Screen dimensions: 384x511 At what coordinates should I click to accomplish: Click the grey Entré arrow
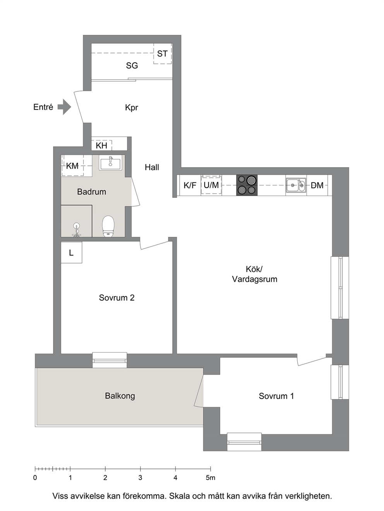pos(64,107)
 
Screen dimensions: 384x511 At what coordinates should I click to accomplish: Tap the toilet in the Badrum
pos(108,226)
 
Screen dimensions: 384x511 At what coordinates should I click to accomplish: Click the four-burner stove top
pos(247,185)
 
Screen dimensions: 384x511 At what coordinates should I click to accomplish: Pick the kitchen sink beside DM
pos(296,185)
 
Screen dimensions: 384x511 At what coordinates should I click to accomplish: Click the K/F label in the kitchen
pos(190,185)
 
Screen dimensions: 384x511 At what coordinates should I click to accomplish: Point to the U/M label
pos(211,185)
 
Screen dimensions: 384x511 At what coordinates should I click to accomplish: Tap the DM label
pos(317,185)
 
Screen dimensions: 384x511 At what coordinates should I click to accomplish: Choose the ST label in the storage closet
pos(162,54)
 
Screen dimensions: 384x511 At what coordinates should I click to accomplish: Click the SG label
pos(132,66)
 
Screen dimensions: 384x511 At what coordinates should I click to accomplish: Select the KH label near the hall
pos(101,146)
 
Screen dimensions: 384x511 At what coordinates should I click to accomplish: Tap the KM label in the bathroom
pos(72,166)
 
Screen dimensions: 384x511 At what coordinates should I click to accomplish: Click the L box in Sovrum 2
pos(72,252)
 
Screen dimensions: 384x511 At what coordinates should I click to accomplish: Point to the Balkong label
pos(120,396)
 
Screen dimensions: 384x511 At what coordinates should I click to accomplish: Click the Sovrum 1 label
pos(276,396)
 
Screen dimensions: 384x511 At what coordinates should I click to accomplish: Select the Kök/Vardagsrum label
pos(255,274)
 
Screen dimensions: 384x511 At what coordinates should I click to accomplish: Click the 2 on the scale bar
pos(105,478)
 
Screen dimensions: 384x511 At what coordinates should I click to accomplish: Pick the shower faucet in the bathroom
pos(76,230)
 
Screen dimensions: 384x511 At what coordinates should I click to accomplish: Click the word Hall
pos(152,167)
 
